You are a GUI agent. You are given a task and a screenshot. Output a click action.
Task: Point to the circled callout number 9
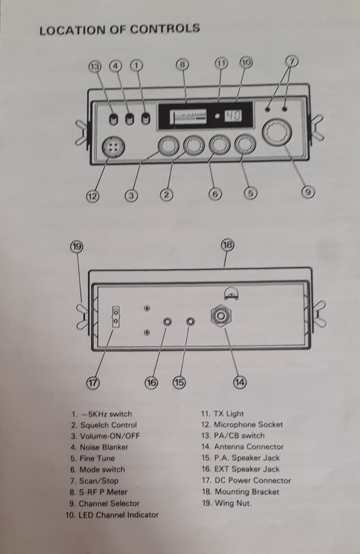307,192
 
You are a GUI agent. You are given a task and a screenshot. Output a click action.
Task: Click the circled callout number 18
227,245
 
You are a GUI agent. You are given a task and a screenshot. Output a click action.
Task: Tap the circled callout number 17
93,382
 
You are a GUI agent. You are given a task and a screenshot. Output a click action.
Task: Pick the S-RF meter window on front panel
186,117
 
